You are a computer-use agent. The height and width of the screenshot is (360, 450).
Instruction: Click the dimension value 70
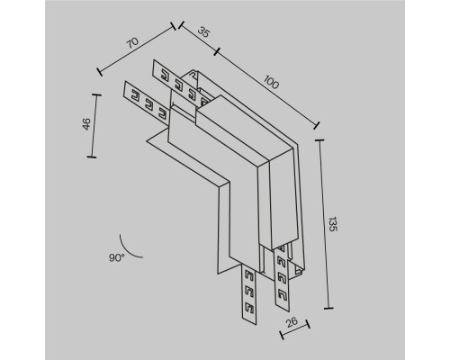pyautogui.click(x=132, y=43)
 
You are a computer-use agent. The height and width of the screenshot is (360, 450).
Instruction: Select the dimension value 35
pyautogui.click(x=203, y=32)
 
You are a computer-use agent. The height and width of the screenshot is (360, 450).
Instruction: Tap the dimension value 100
pyautogui.click(x=271, y=82)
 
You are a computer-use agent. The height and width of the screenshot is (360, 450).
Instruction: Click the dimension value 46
pyautogui.click(x=86, y=124)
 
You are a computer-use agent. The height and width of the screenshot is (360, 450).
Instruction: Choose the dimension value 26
pyautogui.click(x=292, y=322)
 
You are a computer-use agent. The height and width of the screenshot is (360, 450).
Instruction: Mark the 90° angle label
pyautogui.click(x=117, y=257)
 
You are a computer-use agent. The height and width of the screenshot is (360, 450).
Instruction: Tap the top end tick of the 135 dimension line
pyautogui.click(x=319, y=139)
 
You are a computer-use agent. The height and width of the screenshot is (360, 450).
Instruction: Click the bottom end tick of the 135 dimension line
pyautogui.click(x=328, y=308)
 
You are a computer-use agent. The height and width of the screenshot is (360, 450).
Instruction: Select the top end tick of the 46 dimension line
pyautogui.click(x=96, y=94)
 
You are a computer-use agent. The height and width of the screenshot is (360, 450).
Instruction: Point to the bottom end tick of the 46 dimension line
pyautogui.click(x=92, y=157)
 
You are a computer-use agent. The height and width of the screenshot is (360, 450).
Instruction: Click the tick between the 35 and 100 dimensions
pyautogui.click(x=217, y=51)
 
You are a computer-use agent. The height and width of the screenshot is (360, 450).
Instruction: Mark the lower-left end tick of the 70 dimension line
pyautogui.click(x=100, y=72)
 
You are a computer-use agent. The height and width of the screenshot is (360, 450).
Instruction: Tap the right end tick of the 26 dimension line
pyautogui.click(x=308, y=324)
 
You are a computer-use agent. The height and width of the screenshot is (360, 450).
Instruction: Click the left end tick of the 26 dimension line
pyautogui.click(x=282, y=335)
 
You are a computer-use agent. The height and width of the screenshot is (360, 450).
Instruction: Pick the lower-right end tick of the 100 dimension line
pyautogui.click(x=317, y=125)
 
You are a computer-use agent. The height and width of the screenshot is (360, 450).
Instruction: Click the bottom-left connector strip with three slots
pyautogui.click(x=248, y=294)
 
